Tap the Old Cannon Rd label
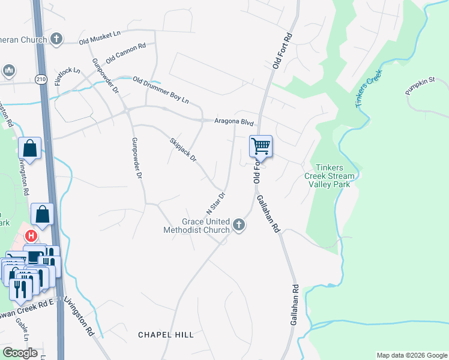pos(126,53)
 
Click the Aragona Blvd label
pos(235,122)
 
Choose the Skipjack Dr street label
pos(183,150)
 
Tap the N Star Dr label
pos(215,203)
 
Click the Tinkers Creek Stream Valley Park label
pos(332,176)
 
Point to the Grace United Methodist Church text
pos(197,226)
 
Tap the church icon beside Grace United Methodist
pos(239,226)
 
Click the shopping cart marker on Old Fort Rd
pos(261,146)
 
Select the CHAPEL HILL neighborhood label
pos(166,335)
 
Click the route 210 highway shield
pos(41,79)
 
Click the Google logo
pos(20,353)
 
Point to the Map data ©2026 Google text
pos(411,355)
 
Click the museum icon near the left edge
pos(8,71)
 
